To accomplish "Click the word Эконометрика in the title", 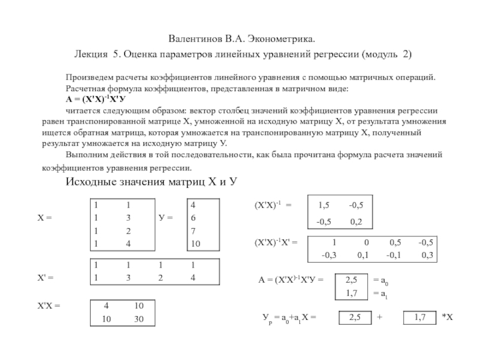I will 280,38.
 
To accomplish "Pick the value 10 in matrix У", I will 196,244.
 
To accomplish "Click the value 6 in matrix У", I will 193,218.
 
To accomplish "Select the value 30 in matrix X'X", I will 139,319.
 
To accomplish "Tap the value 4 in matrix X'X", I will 106,306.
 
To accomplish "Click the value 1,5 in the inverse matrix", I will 324,205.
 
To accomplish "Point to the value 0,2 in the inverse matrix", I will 356,221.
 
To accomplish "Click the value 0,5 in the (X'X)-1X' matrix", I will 395,242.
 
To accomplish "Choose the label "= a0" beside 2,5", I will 380,280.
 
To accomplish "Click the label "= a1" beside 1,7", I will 380,293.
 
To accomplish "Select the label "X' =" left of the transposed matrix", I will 46,278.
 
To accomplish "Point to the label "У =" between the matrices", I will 166,218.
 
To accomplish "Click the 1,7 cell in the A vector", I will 352,293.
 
